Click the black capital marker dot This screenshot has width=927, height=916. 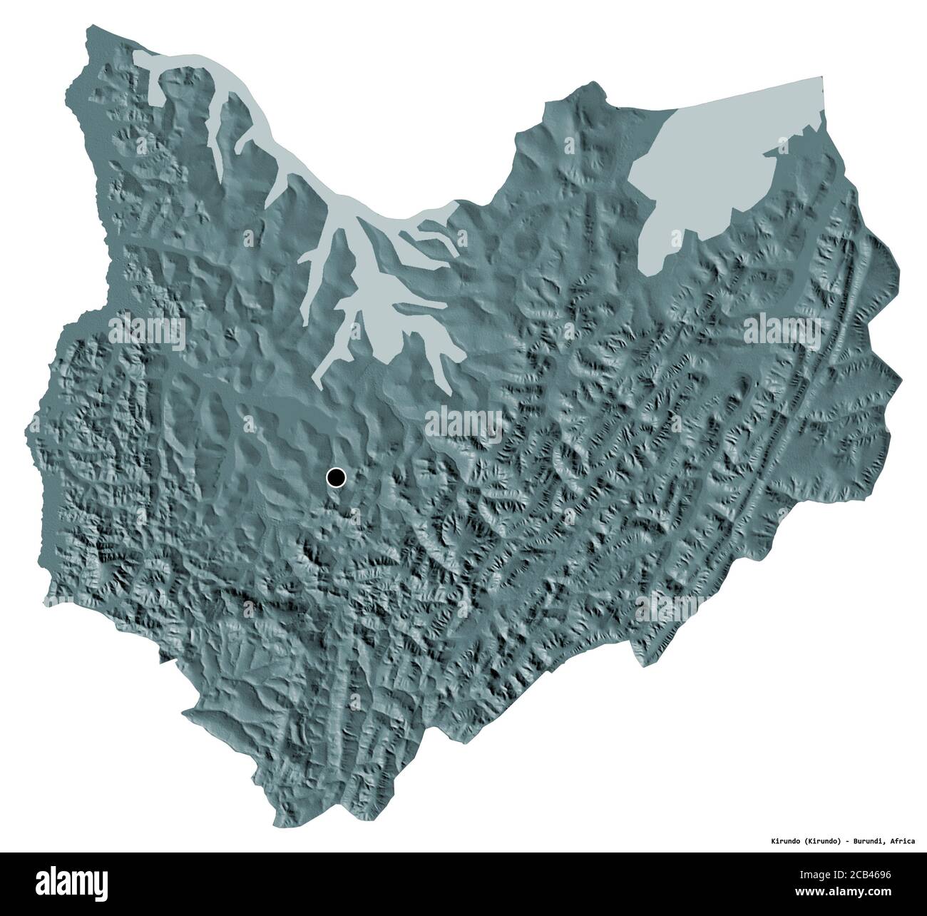pos(336,477)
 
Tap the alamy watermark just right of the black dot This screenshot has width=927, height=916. pos(463,421)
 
